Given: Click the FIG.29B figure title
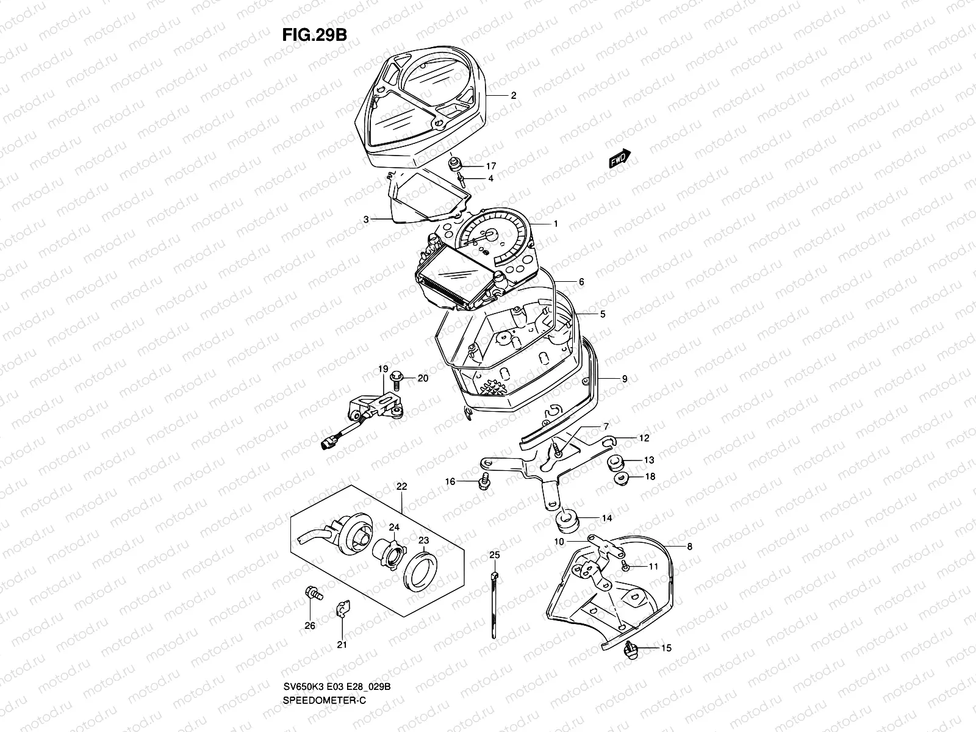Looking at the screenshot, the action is click(314, 35).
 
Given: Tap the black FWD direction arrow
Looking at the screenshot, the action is click(620, 158).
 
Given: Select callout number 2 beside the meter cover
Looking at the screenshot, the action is click(514, 95).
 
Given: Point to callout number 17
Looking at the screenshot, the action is click(491, 166).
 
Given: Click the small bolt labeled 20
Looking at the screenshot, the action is click(396, 378).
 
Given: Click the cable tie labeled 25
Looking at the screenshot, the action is click(494, 605).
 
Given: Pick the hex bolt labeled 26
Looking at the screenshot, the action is click(314, 594).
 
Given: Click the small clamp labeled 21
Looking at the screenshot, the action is click(343, 609).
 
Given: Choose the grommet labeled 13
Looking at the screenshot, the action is click(616, 462).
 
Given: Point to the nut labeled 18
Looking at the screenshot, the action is click(621, 479).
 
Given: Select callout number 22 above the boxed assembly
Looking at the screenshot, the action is click(401, 487).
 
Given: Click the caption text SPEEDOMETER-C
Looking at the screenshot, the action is click(324, 701).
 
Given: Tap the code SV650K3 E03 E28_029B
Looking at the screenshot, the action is click(337, 687).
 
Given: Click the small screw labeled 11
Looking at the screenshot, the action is click(625, 566).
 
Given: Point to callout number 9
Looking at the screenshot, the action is click(625, 379).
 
